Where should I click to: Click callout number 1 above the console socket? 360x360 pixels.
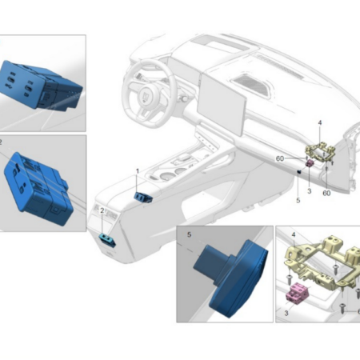138,171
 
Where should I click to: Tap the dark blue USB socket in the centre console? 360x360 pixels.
143,197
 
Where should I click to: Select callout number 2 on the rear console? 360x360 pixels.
102,210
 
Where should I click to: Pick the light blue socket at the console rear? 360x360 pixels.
107,239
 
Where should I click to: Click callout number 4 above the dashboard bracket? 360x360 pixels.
320,122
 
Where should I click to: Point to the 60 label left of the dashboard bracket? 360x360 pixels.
280,158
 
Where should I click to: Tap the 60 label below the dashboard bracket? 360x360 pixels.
326,193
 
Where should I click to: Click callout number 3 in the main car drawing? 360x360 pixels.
310,191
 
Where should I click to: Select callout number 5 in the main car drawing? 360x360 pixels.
298,200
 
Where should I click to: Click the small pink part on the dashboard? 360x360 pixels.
310,162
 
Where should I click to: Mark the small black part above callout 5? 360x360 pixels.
299,172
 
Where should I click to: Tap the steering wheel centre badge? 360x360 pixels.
146,96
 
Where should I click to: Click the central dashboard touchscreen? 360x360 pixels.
222,104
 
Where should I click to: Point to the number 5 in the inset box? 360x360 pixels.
189,234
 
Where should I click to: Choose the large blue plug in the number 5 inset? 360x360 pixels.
231,278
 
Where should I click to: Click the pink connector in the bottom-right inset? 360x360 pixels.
298,294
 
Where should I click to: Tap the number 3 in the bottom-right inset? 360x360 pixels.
286,313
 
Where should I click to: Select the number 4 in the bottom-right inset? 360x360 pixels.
294,235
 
